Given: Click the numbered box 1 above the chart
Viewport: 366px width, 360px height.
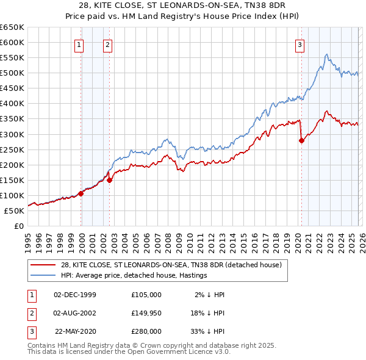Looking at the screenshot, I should click(x=80, y=44).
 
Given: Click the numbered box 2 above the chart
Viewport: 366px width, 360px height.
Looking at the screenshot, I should click(x=107, y=44).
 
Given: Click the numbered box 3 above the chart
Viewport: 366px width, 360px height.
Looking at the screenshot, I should click(x=300, y=44).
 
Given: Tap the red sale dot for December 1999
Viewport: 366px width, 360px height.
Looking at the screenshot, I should click(x=81, y=193).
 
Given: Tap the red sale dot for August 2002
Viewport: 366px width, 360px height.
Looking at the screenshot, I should click(x=109, y=180).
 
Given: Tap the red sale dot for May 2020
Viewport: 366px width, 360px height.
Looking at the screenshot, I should click(x=301, y=140).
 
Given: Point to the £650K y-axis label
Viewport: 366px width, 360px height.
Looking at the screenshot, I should click(x=12, y=27).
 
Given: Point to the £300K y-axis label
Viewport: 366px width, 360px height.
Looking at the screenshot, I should click(x=12, y=134).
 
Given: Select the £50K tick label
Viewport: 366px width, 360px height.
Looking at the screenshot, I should click(x=15, y=211).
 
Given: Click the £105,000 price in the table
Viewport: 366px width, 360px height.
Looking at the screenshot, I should click(x=146, y=295).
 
